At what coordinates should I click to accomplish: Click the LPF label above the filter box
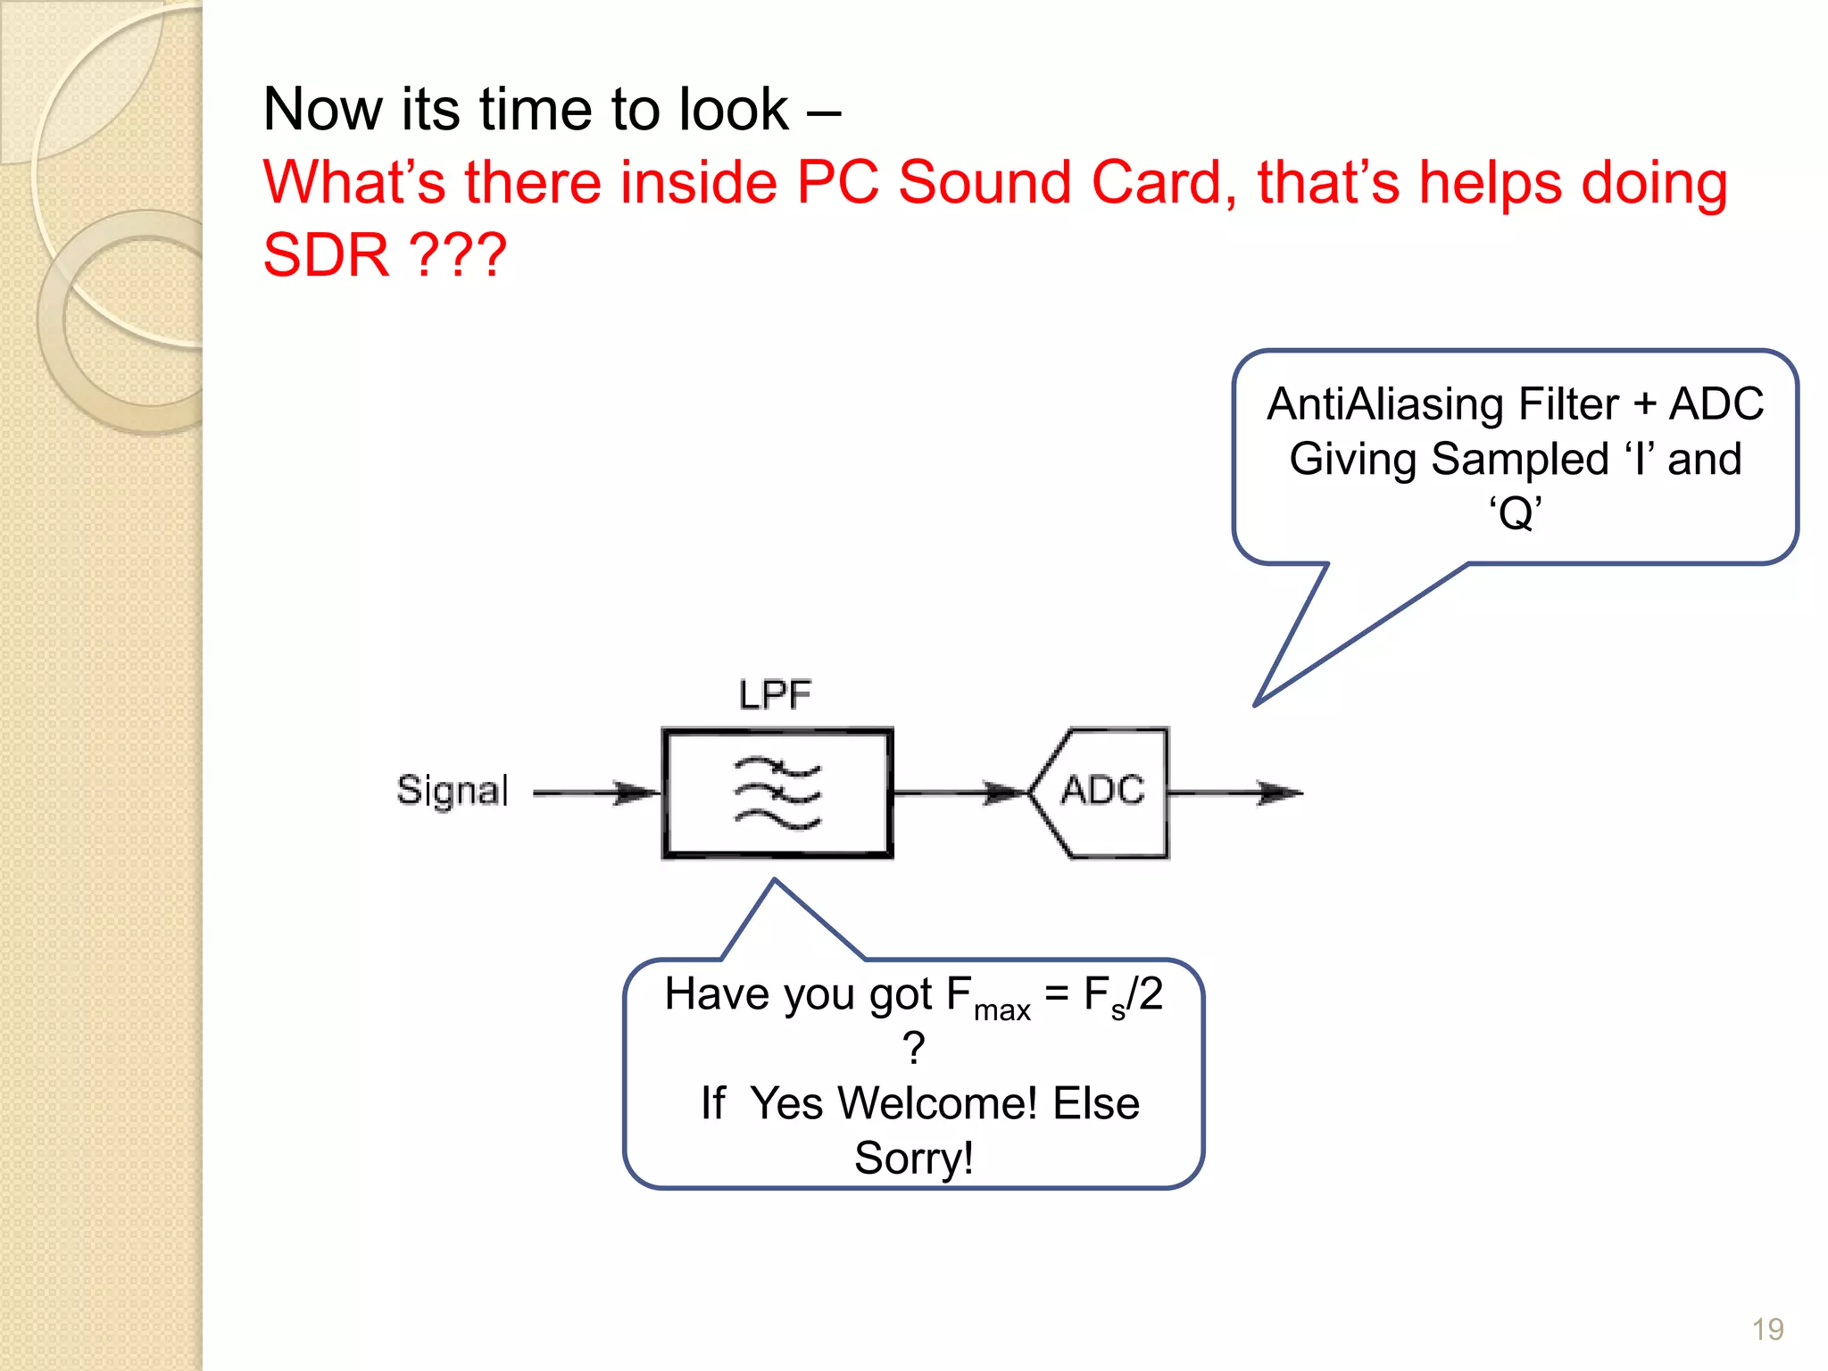(775, 694)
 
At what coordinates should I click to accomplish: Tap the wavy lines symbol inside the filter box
(777, 793)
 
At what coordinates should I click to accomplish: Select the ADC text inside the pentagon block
(1103, 791)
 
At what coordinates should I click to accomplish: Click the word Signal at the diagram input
(453, 791)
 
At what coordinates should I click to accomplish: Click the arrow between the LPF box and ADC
(960, 793)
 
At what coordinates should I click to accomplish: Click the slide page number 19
(1767, 1330)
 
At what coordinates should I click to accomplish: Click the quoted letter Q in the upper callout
(1516, 514)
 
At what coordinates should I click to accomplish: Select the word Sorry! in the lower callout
(913, 1159)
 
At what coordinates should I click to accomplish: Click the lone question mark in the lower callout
(913, 1049)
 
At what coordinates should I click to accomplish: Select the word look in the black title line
(734, 110)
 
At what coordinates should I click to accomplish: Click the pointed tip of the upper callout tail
(1256, 704)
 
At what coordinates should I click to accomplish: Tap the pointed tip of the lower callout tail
(775, 880)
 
